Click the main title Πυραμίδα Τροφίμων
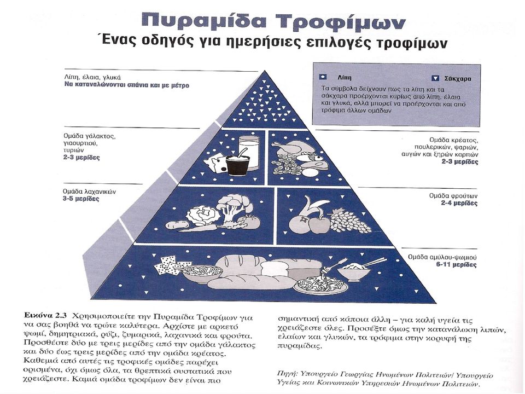[273, 22]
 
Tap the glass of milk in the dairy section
[249, 153]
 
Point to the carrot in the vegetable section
[197, 229]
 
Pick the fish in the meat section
[310, 157]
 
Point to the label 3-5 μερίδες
[81, 199]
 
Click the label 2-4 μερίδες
[459, 203]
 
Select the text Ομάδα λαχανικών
[89, 192]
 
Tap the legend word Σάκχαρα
[458, 79]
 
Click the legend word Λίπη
[345, 78]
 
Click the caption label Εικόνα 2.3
[46, 316]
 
